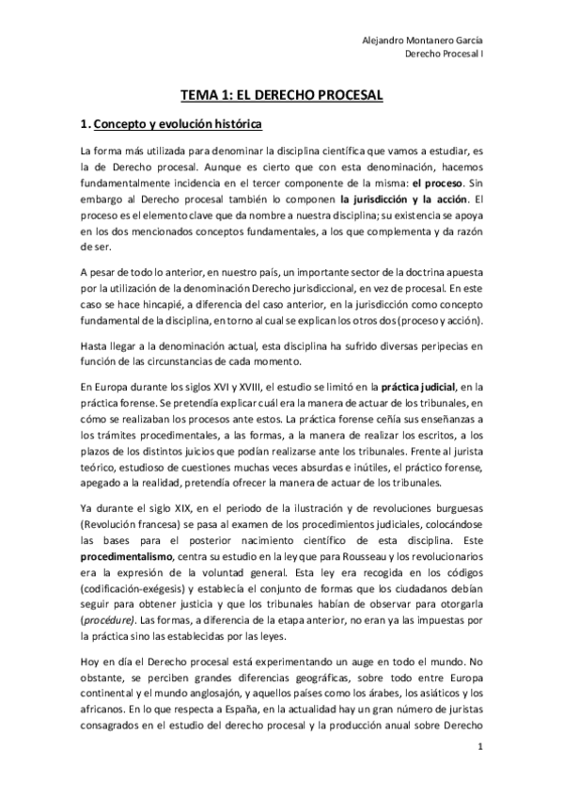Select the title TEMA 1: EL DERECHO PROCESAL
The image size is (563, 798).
click(x=281, y=95)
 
